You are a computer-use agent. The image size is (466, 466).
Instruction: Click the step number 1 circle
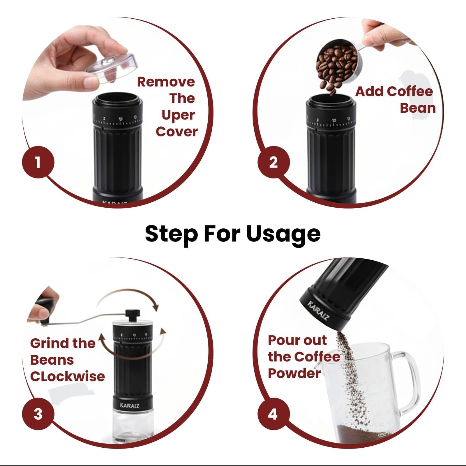pyautogui.click(x=38, y=162)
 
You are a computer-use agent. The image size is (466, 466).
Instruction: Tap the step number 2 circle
pyautogui.click(x=273, y=162)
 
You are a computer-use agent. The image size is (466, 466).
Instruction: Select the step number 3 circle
pyautogui.click(x=38, y=414)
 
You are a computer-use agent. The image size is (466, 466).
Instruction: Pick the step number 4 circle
pyautogui.click(x=273, y=414)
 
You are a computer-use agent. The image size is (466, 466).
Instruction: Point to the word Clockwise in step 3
pyautogui.click(x=68, y=376)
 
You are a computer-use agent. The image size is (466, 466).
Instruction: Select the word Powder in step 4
pyautogui.click(x=294, y=373)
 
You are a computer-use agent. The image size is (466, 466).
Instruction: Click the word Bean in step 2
pyautogui.click(x=418, y=108)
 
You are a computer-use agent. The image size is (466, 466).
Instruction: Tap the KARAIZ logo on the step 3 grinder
pyautogui.click(x=130, y=405)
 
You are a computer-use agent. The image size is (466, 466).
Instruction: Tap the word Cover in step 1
pyautogui.click(x=176, y=132)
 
